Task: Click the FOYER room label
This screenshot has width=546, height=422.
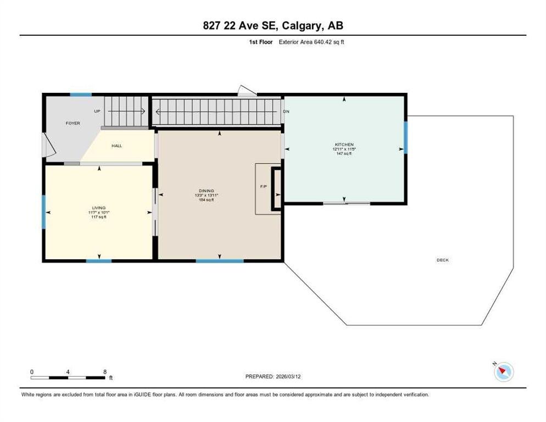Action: click(73, 123)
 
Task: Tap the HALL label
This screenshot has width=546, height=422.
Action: click(116, 146)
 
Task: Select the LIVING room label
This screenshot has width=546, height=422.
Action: click(99, 208)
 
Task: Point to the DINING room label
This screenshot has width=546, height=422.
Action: click(207, 191)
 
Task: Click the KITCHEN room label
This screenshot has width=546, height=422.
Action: click(344, 145)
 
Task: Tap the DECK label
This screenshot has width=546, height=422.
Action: click(443, 260)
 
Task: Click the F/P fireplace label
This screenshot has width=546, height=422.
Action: click(264, 186)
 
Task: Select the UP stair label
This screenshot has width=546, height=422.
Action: click(97, 111)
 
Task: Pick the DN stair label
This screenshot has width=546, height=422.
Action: click(286, 112)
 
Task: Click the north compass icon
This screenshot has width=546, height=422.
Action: click(504, 371)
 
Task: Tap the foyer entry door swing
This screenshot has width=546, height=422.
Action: click(48, 145)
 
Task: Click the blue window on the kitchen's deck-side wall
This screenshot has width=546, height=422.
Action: click(405, 137)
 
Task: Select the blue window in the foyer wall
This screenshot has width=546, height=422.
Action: click(81, 95)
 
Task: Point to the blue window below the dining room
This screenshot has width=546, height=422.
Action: click(219, 260)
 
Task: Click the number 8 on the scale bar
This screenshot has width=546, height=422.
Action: click(105, 372)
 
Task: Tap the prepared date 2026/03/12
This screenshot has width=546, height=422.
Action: click(288, 376)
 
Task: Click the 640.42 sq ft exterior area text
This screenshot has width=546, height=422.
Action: click(329, 42)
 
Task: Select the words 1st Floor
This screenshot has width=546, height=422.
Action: click(261, 42)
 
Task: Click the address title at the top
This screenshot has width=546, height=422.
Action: click(273, 25)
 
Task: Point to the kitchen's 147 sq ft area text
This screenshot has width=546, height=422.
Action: click(344, 153)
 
